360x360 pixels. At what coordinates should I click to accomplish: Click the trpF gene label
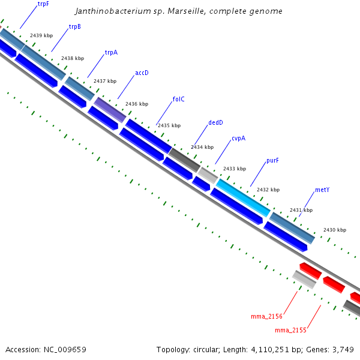point(43,4)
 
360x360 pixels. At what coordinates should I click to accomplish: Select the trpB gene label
point(75,26)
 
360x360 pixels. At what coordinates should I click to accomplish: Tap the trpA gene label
point(111,52)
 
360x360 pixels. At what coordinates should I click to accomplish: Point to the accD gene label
point(142,73)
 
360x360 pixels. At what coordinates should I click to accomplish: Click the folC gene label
point(178,100)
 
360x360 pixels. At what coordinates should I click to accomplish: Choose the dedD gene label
point(215,123)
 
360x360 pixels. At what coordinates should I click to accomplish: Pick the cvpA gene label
point(238,139)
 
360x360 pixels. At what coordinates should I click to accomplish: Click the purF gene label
point(273,161)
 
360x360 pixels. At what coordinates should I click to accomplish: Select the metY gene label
point(322,190)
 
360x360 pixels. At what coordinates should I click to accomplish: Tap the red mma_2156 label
point(266,316)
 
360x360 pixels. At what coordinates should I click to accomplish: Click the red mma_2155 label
point(290,330)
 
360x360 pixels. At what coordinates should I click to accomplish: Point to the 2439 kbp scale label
point(41,36)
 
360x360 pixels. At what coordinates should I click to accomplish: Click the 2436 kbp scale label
point(136,104)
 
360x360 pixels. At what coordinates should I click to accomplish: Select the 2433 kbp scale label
point(234,169)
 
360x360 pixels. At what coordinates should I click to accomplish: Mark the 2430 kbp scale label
point(334,230)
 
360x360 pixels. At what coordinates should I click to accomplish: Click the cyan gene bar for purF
point(243,197)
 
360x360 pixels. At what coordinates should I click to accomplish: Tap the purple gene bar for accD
point(110,110)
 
